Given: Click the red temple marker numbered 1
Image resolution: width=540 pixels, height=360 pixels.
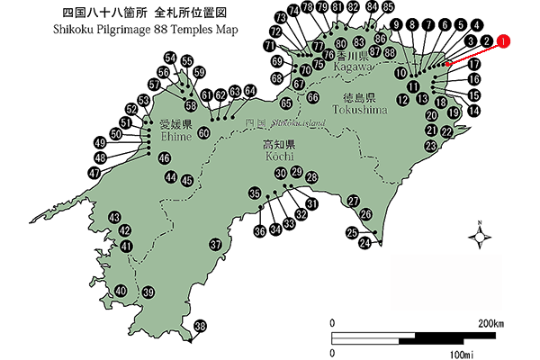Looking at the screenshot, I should tap(503, 40).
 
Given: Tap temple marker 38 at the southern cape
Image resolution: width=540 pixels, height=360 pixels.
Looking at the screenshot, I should tap(200, 326).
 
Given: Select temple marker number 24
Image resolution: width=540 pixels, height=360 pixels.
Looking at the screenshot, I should tap(365, 243).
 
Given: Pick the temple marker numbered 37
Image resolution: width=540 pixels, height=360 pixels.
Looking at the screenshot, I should tap(215, 245).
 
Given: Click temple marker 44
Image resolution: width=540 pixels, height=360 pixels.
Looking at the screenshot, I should tap(171, 177).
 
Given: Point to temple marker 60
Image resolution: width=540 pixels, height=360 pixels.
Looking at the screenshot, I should tap(203, 133).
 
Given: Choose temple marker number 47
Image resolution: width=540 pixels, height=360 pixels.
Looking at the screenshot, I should tap(94, 172).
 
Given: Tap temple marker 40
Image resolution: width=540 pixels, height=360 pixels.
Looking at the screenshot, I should tap(121, 291).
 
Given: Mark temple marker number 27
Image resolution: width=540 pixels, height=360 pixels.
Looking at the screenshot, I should tap(354, 201).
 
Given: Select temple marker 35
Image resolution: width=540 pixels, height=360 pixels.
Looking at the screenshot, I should tap(256, 193).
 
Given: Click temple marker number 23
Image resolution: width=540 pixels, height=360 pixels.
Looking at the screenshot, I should tap(431, 146).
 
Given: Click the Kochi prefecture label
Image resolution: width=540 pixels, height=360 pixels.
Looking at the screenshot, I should tap(274, 150).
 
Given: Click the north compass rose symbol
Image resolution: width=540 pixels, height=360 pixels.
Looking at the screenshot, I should tap(481, 236).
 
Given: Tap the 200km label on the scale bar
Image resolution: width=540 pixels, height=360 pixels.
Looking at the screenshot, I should tap(490, 323).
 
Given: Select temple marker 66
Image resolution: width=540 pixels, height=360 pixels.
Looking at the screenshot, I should tap(312, 96).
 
